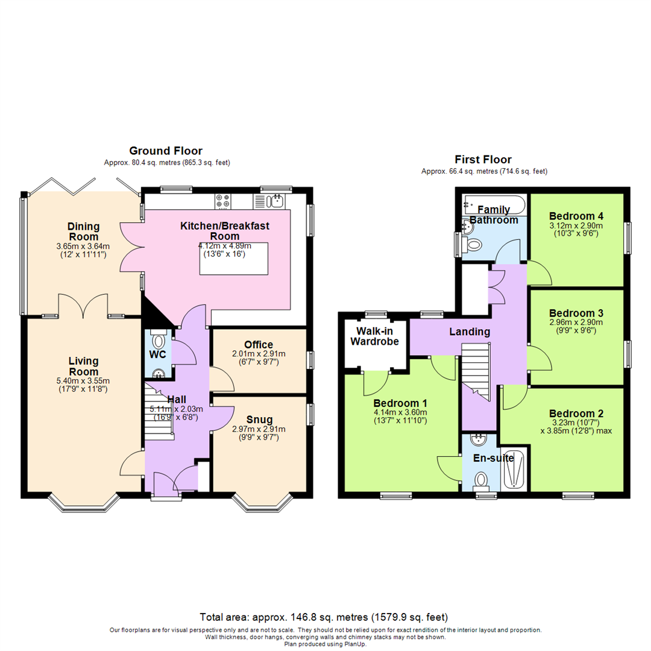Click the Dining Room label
click(83, 231)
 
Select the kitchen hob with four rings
click(222, 201)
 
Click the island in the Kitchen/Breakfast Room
click(233, 259)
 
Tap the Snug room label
click(259, 420)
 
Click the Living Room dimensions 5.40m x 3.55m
click(83, 380)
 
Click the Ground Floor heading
click(166, 151)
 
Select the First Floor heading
click(483, 160)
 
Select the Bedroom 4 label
click(576, 216)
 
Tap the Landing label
click(469, 332)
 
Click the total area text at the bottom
click(324, 617)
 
